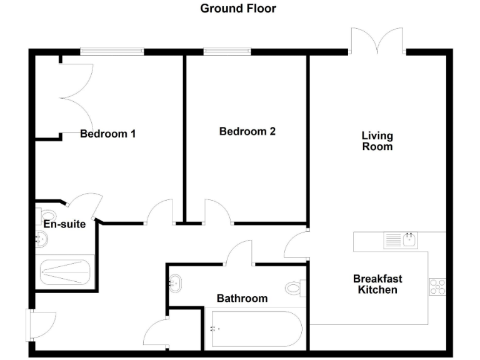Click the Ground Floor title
237,9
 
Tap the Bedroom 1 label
108,134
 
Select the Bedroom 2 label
247,132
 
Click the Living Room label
377,141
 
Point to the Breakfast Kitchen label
377,284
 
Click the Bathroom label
242,299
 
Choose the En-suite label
64,224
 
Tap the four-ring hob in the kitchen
437,286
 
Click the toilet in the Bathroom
294,288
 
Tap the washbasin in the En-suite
41,237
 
